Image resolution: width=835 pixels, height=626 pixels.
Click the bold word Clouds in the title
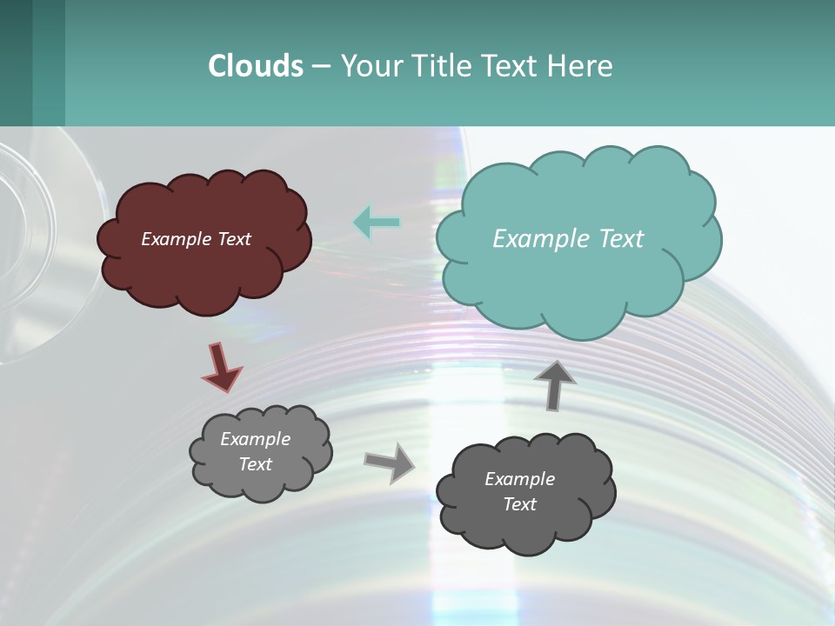[x=255, y=65]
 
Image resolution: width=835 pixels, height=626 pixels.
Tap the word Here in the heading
[x=579, y=65]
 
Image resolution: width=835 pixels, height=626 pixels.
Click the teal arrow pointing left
[x=377, y=223]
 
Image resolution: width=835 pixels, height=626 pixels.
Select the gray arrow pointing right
[x=389, y=462]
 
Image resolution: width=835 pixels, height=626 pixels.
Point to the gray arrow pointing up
[x=555, y=385]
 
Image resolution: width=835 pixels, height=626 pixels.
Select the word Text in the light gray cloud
[x=256, y=464]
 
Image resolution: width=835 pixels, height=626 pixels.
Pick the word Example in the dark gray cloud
[x=519, y=479]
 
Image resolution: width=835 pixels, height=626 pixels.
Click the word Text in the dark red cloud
[x=233, y=239]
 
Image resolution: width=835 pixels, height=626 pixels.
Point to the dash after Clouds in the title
[x=320, y=66]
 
